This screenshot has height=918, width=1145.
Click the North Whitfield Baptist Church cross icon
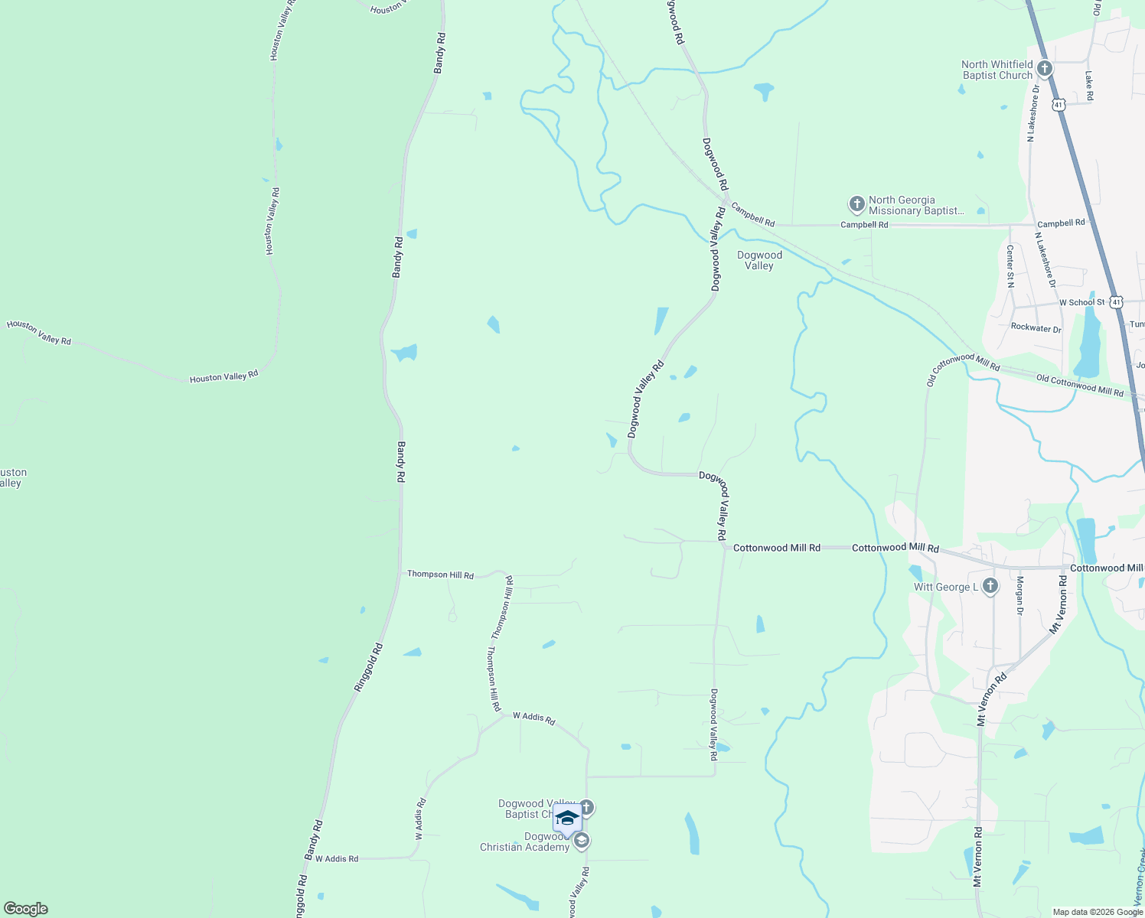coord(1044,70)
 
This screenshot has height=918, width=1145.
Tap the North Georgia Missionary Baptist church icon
coord(856,205)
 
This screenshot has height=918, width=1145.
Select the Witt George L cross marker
coord(990,587)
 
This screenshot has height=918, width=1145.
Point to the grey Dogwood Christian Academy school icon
coord(581,841)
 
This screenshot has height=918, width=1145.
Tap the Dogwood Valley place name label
coord(759,261)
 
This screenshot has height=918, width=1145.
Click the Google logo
coord(25,909)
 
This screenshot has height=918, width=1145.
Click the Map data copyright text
coord(1098,912)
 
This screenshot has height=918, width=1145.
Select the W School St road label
coord(1081,303)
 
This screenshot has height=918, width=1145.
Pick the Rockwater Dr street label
coord(1036,328)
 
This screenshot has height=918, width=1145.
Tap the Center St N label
coord(1010,266)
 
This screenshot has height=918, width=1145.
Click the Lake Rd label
coord(1089,86)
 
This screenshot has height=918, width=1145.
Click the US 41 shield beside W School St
coord(1117,302)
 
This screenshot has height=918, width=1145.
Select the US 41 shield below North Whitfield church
coord(1059,104)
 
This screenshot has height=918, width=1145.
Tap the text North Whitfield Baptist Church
coord(997,70)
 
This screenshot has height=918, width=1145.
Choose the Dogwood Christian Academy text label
coord(525,841)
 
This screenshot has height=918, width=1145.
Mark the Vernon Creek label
coord(1139,880)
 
